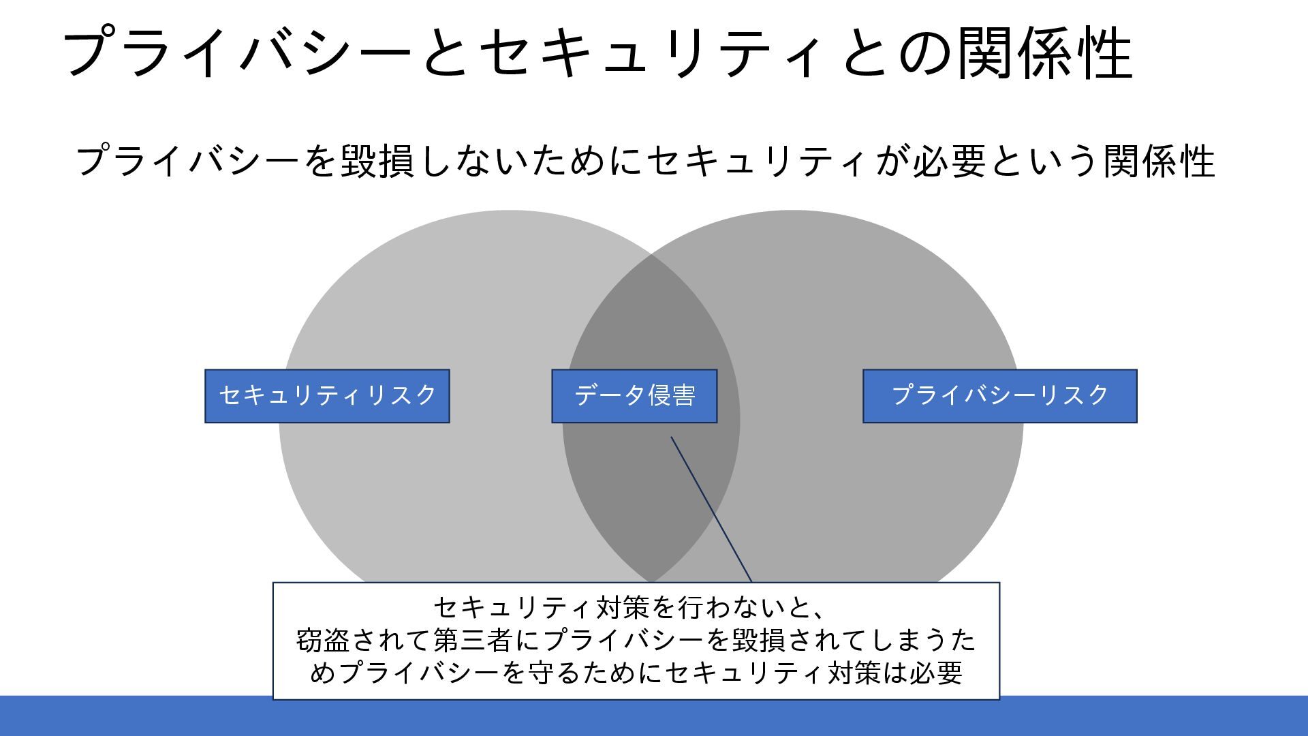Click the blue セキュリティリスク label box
click(327, 396)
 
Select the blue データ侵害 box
click(634, 396)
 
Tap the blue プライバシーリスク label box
click(999, 396)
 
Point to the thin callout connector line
click(711, 510)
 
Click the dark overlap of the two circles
click(651, 477)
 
